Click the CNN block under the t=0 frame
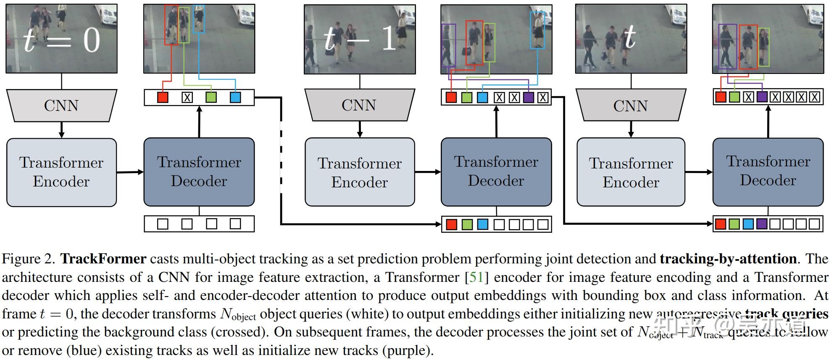[61, 105]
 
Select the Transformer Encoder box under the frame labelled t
[631, 172]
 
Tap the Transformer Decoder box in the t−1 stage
[496, 171]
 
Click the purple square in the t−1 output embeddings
[529, 97]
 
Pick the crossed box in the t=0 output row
[187, 97]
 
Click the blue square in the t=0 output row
[235, 97]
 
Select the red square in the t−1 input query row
[451, 224]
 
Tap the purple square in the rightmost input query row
[762, 223]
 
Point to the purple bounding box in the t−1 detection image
[448, 45]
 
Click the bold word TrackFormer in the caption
[103, 259]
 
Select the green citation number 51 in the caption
[476, 277]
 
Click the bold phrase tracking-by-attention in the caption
[728, 259]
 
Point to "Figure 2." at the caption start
[29, 259]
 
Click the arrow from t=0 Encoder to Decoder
[130, 172]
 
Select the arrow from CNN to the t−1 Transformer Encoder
[360, 129]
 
